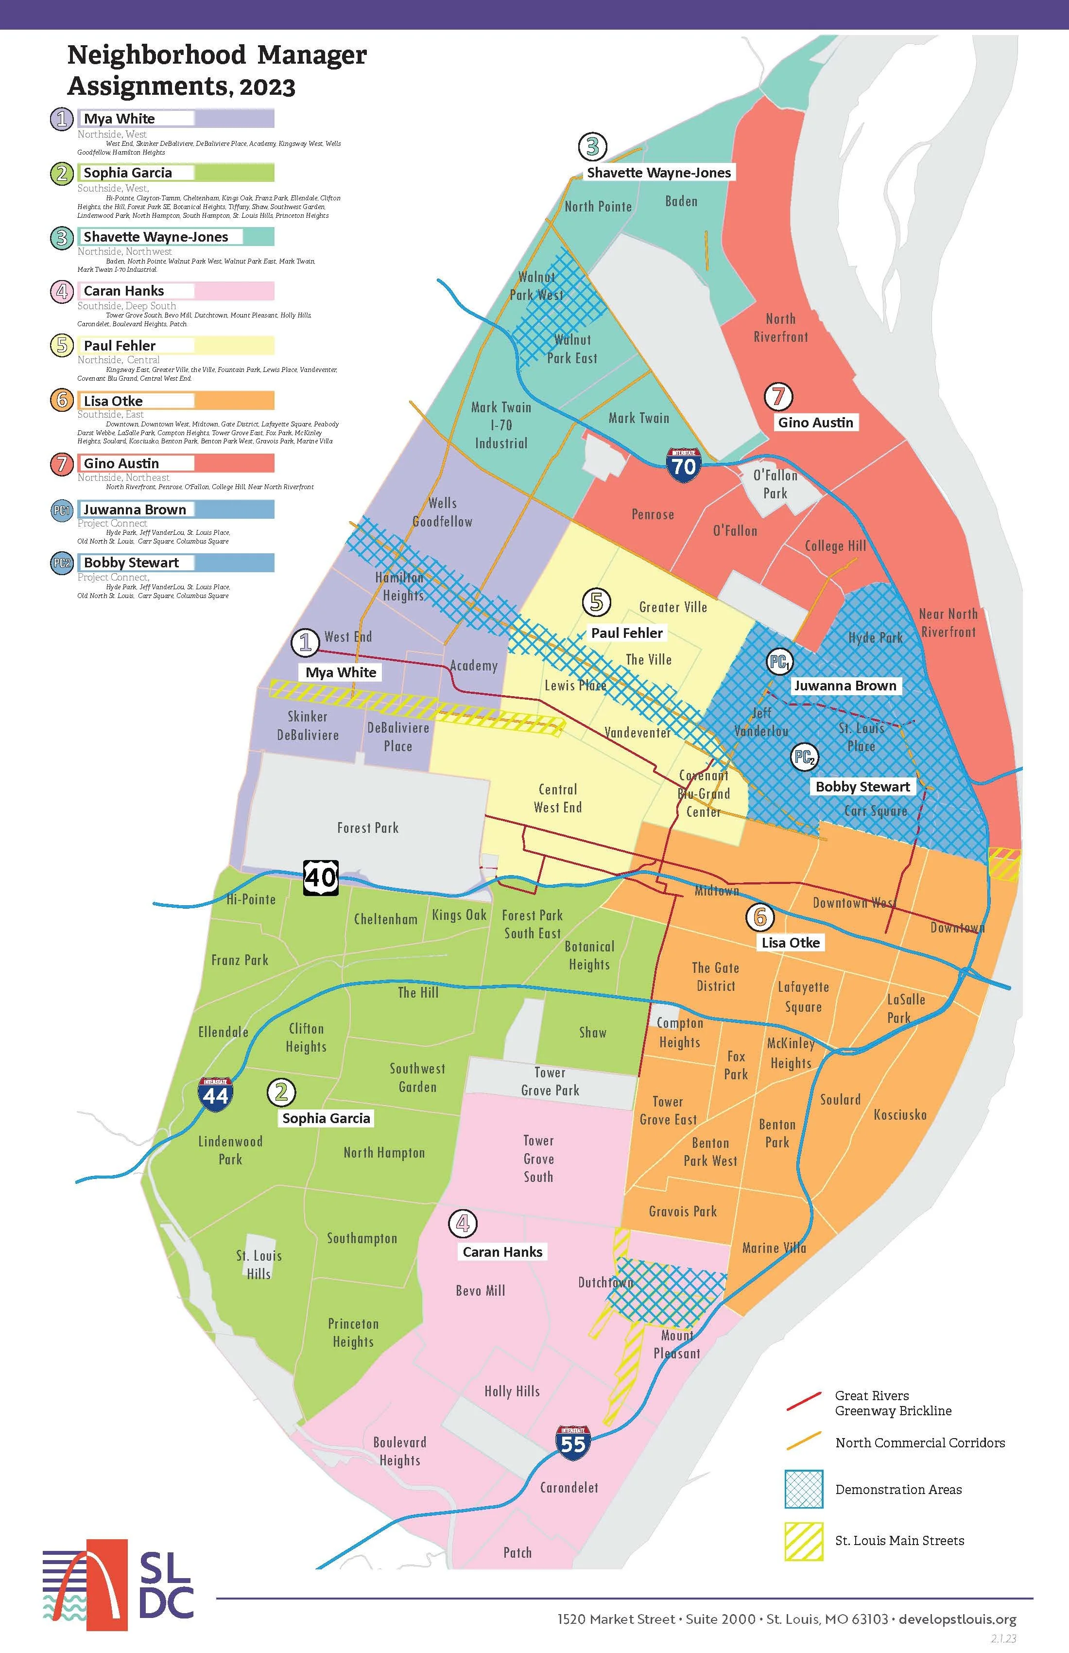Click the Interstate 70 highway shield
coord(683,464)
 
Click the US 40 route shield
coord(321,877)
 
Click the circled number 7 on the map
coord(778,397)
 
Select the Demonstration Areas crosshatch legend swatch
coord(804,1489)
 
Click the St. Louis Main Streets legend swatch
coord(804,1541)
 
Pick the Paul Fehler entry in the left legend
coord(120,345)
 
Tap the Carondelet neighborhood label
coord(569,1488)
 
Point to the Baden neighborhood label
coord(681,201)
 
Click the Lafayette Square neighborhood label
coord(803,997)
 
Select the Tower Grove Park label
coord(550,1081)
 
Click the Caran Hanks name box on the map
coord(502,1251)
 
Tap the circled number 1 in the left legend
coord(62,119)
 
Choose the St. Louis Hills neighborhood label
coord(259,1264)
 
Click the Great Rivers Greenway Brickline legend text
coord(893,1403)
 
